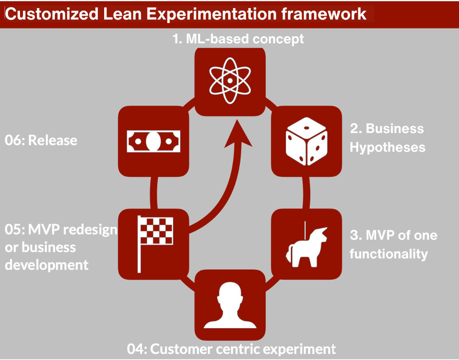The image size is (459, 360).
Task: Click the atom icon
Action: click(230, 80)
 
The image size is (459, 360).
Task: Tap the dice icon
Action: click(306, 142)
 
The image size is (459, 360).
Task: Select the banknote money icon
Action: click(153, 142)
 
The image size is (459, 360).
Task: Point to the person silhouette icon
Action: click(230, 305)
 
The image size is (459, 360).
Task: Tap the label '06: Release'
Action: click(41, 140)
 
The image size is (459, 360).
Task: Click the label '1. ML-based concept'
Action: click(238, 39)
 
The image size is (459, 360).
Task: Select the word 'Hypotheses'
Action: click(388, 147)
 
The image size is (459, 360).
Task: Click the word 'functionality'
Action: click(389, 254)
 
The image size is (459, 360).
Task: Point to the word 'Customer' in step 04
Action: click(181, 349)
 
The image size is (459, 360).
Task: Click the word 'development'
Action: click(47, 265)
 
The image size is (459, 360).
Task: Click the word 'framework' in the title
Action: click(323, 14)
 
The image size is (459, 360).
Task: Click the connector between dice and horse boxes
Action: click(306, 193)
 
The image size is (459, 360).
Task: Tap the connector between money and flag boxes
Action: click(154, 193)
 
